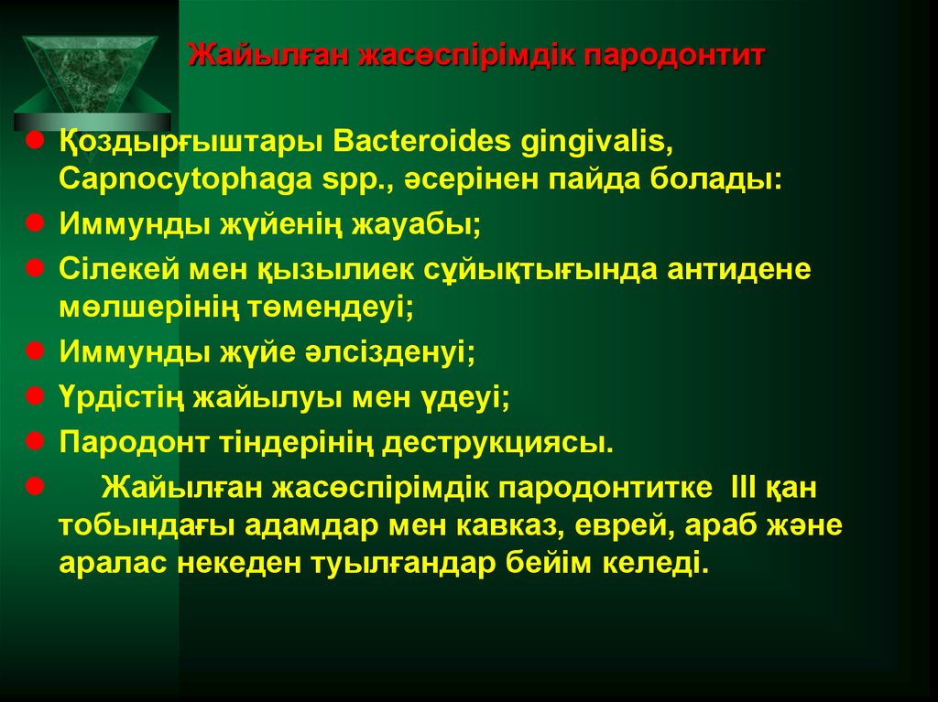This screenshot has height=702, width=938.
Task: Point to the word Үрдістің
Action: tap(122, 396)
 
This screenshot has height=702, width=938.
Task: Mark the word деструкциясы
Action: tap(498, 442)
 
